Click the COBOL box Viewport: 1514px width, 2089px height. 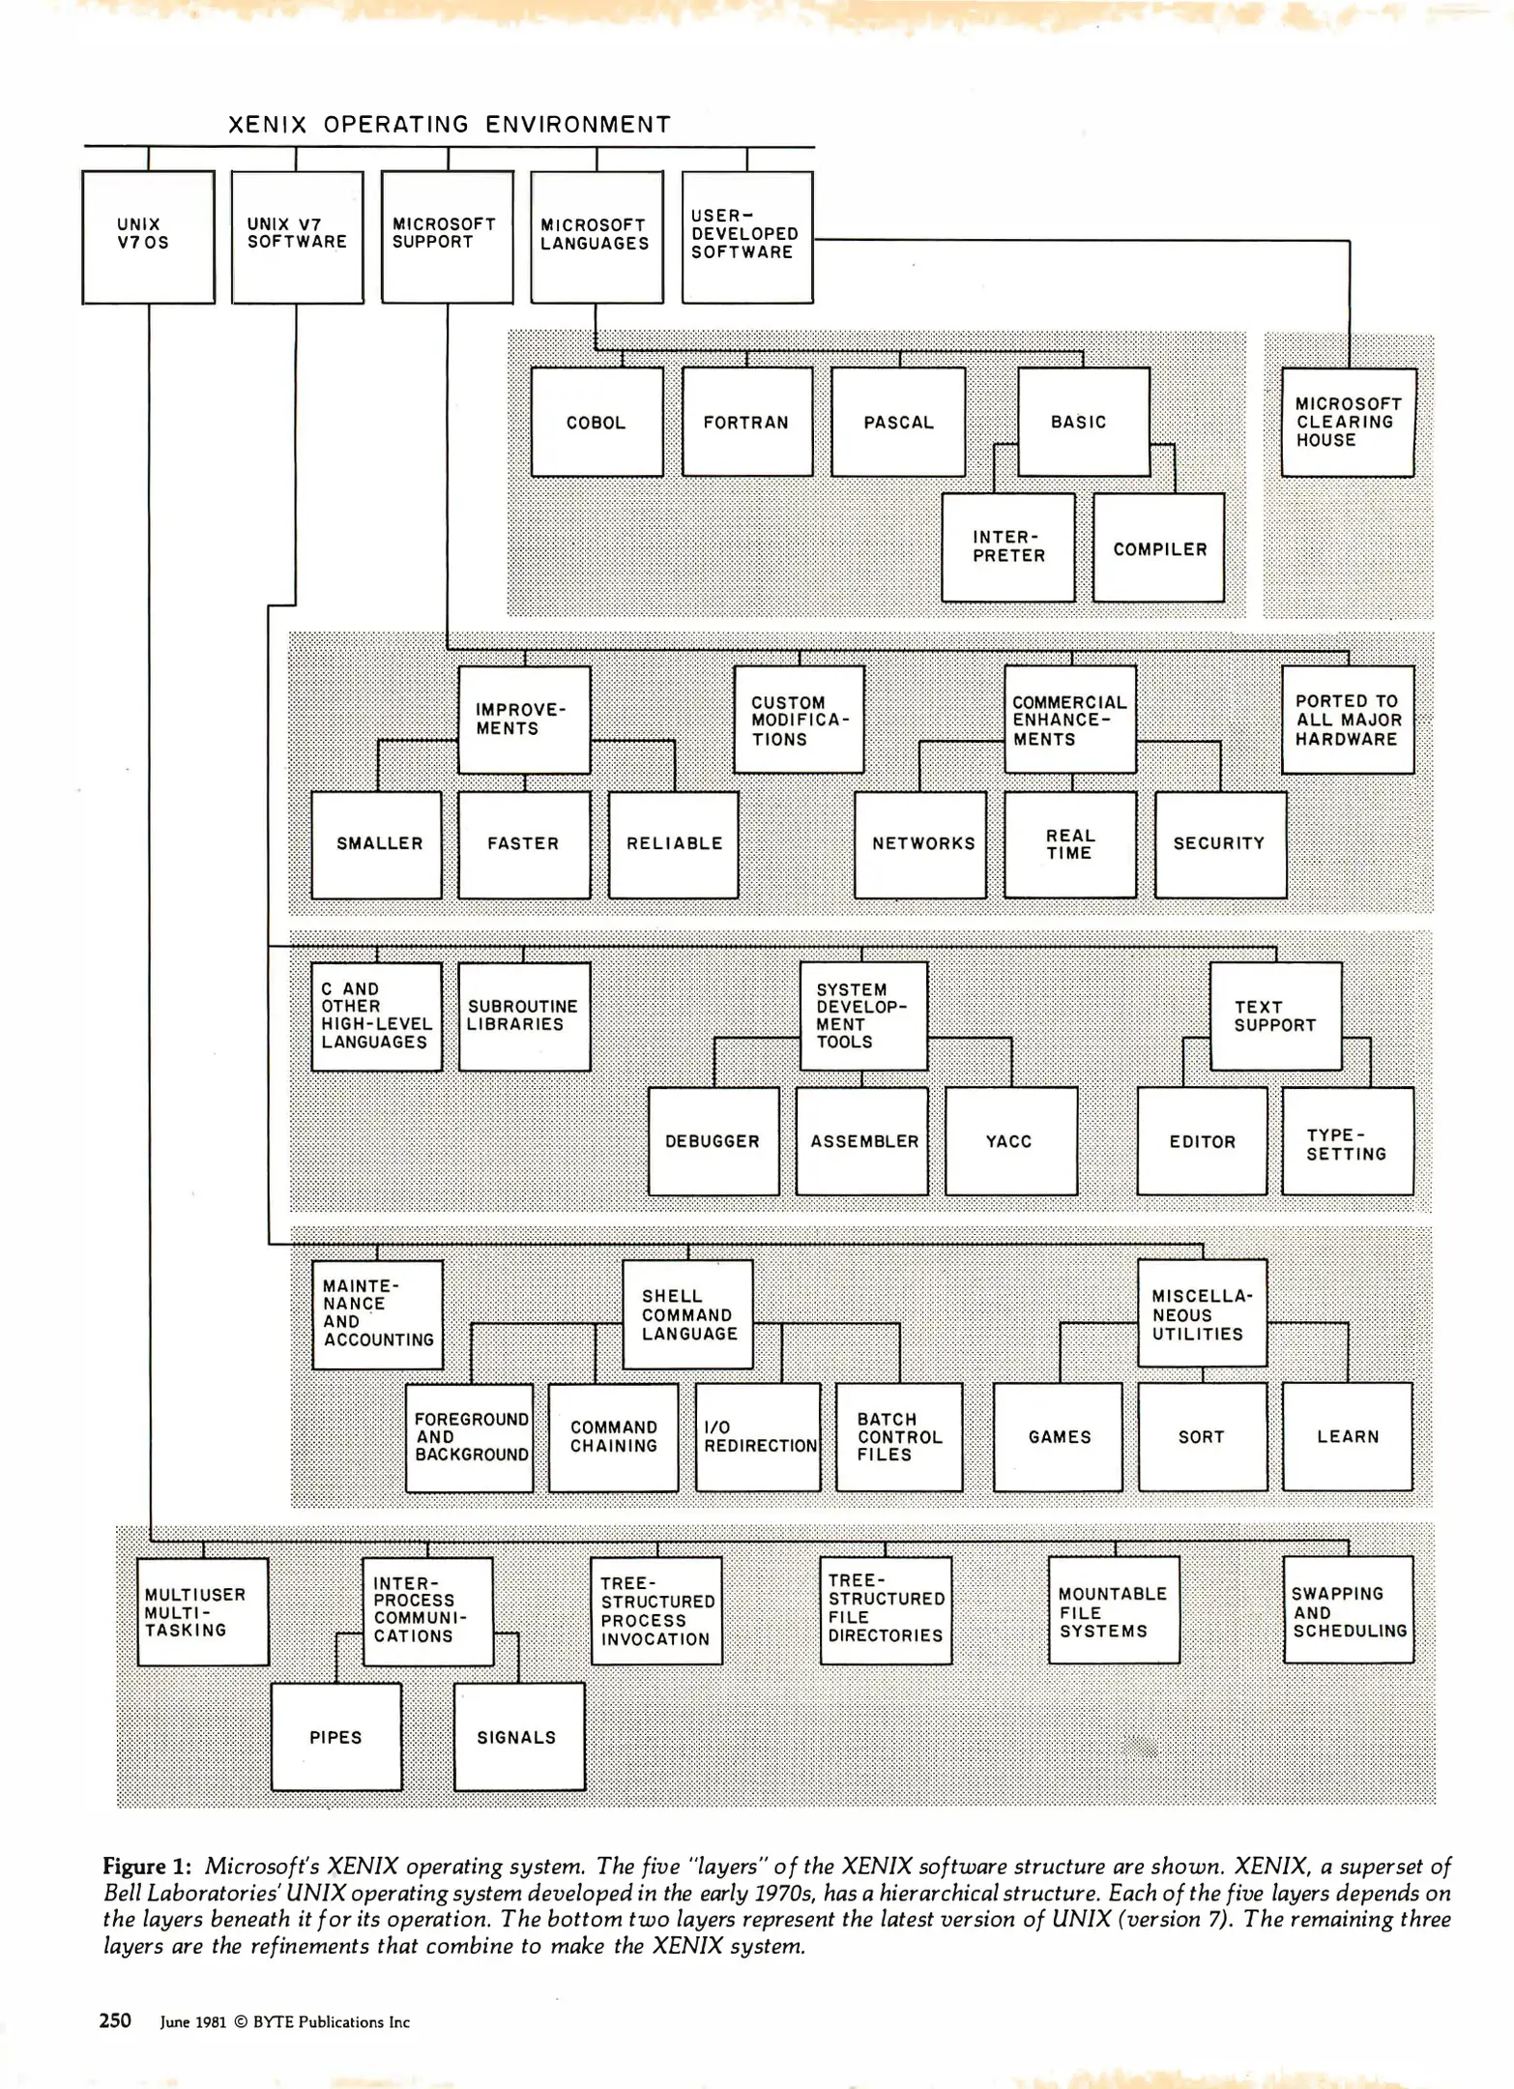point(597,422)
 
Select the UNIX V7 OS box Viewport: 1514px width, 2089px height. point(148,236)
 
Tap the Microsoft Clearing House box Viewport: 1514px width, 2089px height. point(1347,423)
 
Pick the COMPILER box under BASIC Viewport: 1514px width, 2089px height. point(1158,548)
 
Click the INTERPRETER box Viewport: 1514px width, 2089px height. point(1007,547)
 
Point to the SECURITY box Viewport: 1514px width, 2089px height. point(1219,844)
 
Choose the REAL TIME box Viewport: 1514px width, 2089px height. point(1069,844)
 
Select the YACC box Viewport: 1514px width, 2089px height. point(1009,1141)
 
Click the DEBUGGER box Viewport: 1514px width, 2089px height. point(713,1141)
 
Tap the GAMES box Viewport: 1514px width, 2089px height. point(1059,1437)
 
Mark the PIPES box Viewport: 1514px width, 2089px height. point(335,1737)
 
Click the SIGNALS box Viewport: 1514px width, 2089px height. point(518,1737)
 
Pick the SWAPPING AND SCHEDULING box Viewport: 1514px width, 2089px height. point(1348,1610)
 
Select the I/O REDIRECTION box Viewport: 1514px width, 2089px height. point(758,1437)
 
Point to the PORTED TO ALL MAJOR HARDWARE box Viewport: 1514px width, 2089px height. point(1347,720)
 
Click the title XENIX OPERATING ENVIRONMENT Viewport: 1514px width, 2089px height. point(449,125)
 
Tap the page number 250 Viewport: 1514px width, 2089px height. point(115,2020)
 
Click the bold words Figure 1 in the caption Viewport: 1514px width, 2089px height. point(147,1866)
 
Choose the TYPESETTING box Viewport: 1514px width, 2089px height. point(1347,1142)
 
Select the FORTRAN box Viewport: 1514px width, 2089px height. point(746,422)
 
